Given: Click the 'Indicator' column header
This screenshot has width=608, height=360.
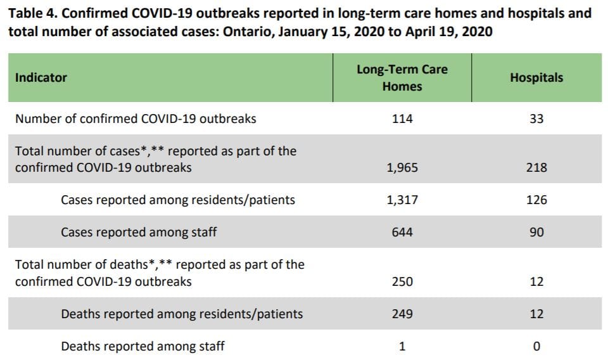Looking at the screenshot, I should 41,78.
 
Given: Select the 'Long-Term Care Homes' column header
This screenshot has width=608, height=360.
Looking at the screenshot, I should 402,78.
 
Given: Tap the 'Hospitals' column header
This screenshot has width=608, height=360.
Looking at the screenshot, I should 536,78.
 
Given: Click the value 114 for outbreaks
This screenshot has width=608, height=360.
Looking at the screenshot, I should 402,119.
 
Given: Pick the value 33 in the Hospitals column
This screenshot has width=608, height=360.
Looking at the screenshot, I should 536,119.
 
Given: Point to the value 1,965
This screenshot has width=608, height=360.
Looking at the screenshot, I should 402,168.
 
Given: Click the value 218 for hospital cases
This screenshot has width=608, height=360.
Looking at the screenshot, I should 536,168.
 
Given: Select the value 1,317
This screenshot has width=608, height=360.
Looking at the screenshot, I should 402,200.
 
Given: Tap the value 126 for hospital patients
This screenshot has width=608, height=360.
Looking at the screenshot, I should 536,200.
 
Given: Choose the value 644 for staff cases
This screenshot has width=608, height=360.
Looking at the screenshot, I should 402,233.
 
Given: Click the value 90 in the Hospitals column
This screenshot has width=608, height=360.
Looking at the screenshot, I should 536,233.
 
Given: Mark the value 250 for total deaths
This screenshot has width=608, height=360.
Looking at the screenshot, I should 402,281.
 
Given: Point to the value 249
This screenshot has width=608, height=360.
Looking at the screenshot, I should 402,314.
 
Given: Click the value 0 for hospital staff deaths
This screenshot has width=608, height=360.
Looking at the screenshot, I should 536,346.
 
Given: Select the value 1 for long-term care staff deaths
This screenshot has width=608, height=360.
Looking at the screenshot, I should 402,346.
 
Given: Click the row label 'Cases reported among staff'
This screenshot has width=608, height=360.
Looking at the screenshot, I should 139,233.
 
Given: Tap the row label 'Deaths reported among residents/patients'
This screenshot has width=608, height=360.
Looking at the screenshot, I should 182,314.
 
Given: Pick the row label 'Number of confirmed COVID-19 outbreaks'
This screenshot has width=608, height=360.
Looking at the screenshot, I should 136,119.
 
